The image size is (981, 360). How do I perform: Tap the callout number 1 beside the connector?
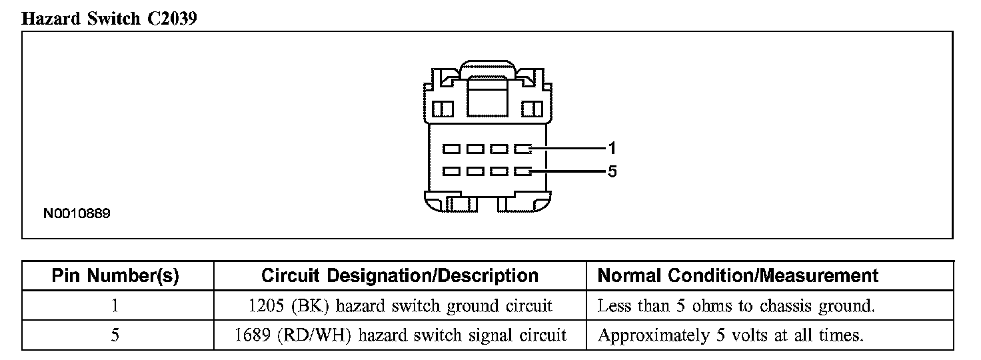point(612,147)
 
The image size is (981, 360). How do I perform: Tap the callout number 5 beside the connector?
point(612,171)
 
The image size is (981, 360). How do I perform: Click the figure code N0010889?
point(77,214)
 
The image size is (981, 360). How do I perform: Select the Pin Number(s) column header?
point(115,275)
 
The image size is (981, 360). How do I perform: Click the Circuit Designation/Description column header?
point(399,275)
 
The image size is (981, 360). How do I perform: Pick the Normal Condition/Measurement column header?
point(738,275)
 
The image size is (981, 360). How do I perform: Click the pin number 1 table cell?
point(115,306)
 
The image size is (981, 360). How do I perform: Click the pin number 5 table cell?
point(115,335)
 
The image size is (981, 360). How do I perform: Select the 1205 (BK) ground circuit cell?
point(399,306)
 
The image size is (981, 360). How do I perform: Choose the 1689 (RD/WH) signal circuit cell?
point(401,335)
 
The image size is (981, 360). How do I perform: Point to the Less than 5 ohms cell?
point(736,306)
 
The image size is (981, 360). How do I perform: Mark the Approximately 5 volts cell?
point(730,335)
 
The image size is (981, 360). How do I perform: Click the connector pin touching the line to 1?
point(522,147)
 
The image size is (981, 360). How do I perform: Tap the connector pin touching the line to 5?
point(522,171)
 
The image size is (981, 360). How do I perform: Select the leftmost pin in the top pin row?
point(451,147)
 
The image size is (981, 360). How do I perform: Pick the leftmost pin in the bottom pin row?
point(451,171)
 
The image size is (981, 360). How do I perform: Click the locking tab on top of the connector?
point(488,69)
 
